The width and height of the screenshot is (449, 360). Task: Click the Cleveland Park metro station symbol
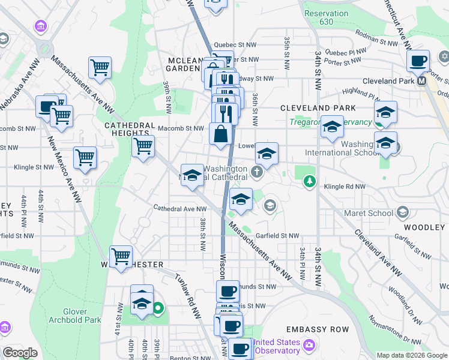422,80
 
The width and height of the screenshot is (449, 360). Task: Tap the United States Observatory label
276,346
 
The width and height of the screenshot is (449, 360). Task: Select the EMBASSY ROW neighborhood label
318,330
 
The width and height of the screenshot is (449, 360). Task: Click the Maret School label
369,213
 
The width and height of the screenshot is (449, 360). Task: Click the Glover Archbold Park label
83,316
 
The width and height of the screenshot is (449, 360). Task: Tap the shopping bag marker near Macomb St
221,133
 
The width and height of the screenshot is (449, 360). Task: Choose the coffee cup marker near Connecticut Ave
418,60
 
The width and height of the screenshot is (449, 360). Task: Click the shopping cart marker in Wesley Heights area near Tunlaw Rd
121,256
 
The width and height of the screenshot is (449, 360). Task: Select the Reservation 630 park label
326,17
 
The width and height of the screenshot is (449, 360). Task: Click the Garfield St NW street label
277,236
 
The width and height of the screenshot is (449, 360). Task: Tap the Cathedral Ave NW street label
180,209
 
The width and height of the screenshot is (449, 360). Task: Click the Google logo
20,353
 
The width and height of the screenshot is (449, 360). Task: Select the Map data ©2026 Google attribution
411,355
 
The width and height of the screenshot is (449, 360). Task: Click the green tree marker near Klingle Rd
309,180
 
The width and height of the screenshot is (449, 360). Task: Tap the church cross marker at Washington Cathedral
257,173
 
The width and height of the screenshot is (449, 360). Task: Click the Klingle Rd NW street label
345,187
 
